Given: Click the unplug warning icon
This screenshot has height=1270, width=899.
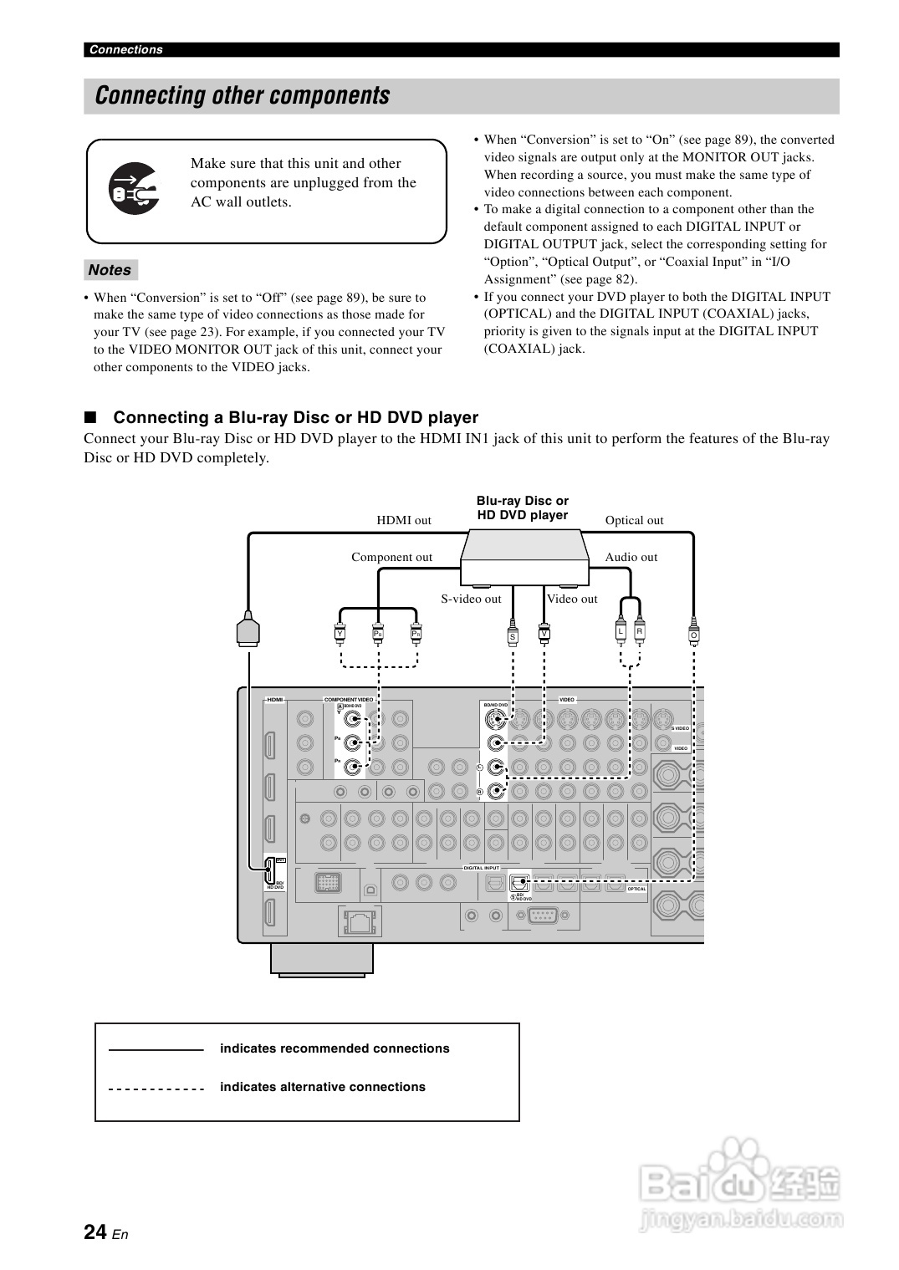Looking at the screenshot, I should pos(134,190).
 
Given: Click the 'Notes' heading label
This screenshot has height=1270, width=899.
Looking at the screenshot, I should pos(110,270).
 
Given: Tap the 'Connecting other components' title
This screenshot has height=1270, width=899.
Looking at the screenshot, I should pos(243,96).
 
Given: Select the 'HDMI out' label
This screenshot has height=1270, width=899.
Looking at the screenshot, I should pos(404,520).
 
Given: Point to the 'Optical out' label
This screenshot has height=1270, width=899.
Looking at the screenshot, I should pos(634,520).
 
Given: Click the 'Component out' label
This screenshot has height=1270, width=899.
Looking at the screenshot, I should pos(391,557).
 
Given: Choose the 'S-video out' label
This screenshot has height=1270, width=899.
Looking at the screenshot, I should pos(471,599).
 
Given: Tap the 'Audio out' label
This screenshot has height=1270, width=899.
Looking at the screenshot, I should pos(631,557).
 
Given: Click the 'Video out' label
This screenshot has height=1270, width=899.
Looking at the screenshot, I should pos(572,599).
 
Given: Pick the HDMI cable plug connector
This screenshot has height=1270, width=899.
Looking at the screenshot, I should pos(248,629).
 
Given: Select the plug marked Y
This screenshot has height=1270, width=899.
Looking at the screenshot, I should pos(340,633).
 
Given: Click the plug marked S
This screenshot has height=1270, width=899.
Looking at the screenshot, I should pos(513,635).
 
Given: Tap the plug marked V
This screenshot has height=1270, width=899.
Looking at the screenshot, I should pos(544,633).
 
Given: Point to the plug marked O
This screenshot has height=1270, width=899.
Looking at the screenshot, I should pos(693,634).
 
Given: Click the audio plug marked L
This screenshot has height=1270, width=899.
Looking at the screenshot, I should pos(621,631).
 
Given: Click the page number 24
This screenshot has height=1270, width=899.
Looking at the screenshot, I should pos(95,1232).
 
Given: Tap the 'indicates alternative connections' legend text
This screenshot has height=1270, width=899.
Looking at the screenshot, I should pos(322,1087).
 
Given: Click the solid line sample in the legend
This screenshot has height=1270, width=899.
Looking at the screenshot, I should pos(156,1049).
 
